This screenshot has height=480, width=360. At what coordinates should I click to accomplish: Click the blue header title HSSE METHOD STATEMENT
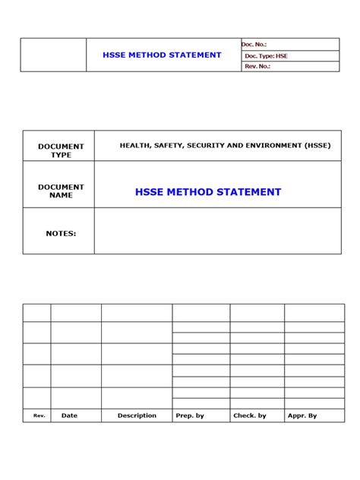coord(162,55)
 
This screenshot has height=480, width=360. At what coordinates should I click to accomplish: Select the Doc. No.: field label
coord(255,45)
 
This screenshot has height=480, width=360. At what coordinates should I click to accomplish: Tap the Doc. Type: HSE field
coord(266,56)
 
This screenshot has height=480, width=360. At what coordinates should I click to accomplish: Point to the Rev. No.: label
coord(257,67)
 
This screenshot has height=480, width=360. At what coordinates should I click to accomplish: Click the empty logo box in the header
coord(53,55)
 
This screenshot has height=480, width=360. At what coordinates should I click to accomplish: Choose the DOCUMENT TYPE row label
coord(61,150)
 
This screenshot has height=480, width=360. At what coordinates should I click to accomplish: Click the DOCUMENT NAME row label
coord(61,191)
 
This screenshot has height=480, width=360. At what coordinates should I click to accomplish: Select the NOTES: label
coord(61,233)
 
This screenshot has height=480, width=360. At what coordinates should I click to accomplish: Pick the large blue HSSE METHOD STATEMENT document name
coord(208,192)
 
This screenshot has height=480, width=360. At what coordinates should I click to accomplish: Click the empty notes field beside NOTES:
coord(217,232)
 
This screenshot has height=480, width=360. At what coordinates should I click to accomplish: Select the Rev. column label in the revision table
coord(39,415)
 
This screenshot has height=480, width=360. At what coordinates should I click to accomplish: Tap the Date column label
coord(69,415)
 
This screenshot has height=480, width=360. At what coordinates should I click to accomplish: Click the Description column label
coord(137,415)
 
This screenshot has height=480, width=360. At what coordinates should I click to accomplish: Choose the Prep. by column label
coord(190,415)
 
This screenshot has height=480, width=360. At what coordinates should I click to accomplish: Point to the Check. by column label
coord(250,415)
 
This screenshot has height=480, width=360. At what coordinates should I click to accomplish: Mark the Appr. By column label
coord(302,415)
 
